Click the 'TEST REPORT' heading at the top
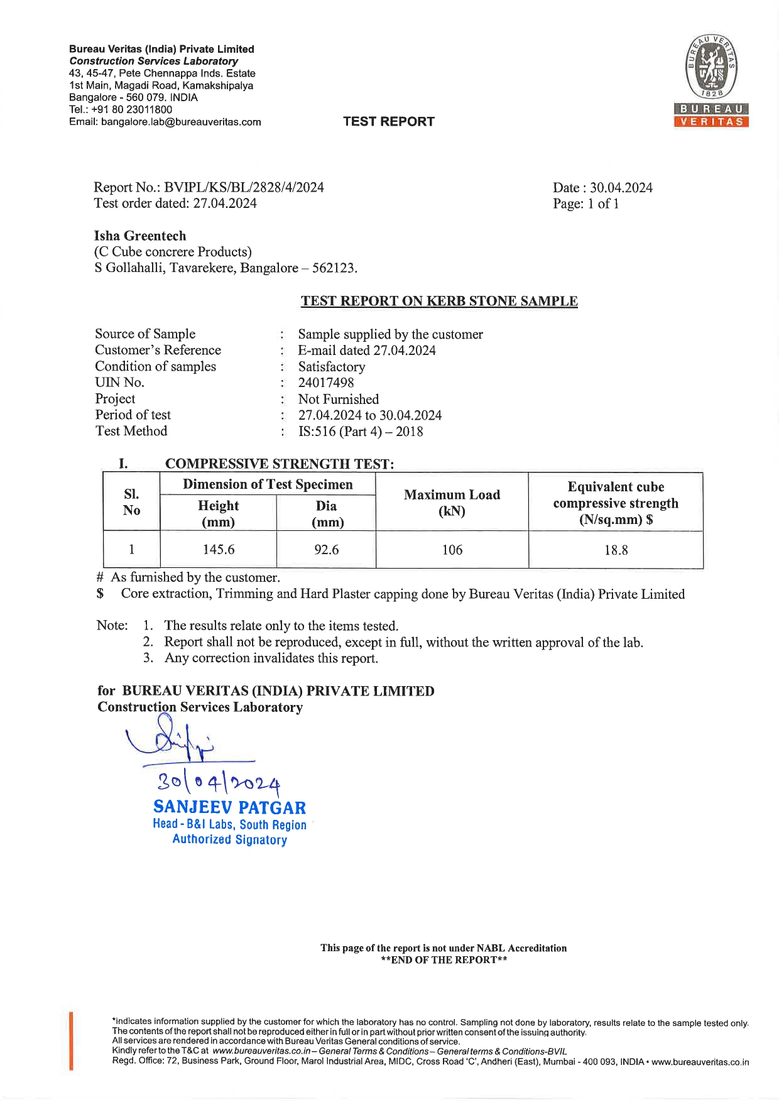[x=388, y=122]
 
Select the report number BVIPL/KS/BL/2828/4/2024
[x=244, y=187]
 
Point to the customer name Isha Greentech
[x=140, y=236]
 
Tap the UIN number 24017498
[x=326, y=383]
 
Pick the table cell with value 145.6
[x=218, y=550]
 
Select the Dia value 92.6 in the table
[x=326, y=550]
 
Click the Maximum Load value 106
[x=452, y=550]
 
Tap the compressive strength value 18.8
[x=616, y=550]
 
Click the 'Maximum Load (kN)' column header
[x=452, y=503]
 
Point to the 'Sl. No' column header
[x=131, y=502]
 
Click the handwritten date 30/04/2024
[x=219, y=783]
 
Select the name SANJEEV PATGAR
[x=229, y=807]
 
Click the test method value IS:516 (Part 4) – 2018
[x=361, y=432]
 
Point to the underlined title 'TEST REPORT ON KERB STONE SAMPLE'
[x=439, y=301]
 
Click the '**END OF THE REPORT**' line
[x=444, y=960]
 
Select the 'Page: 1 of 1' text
[x=586, y=204]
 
